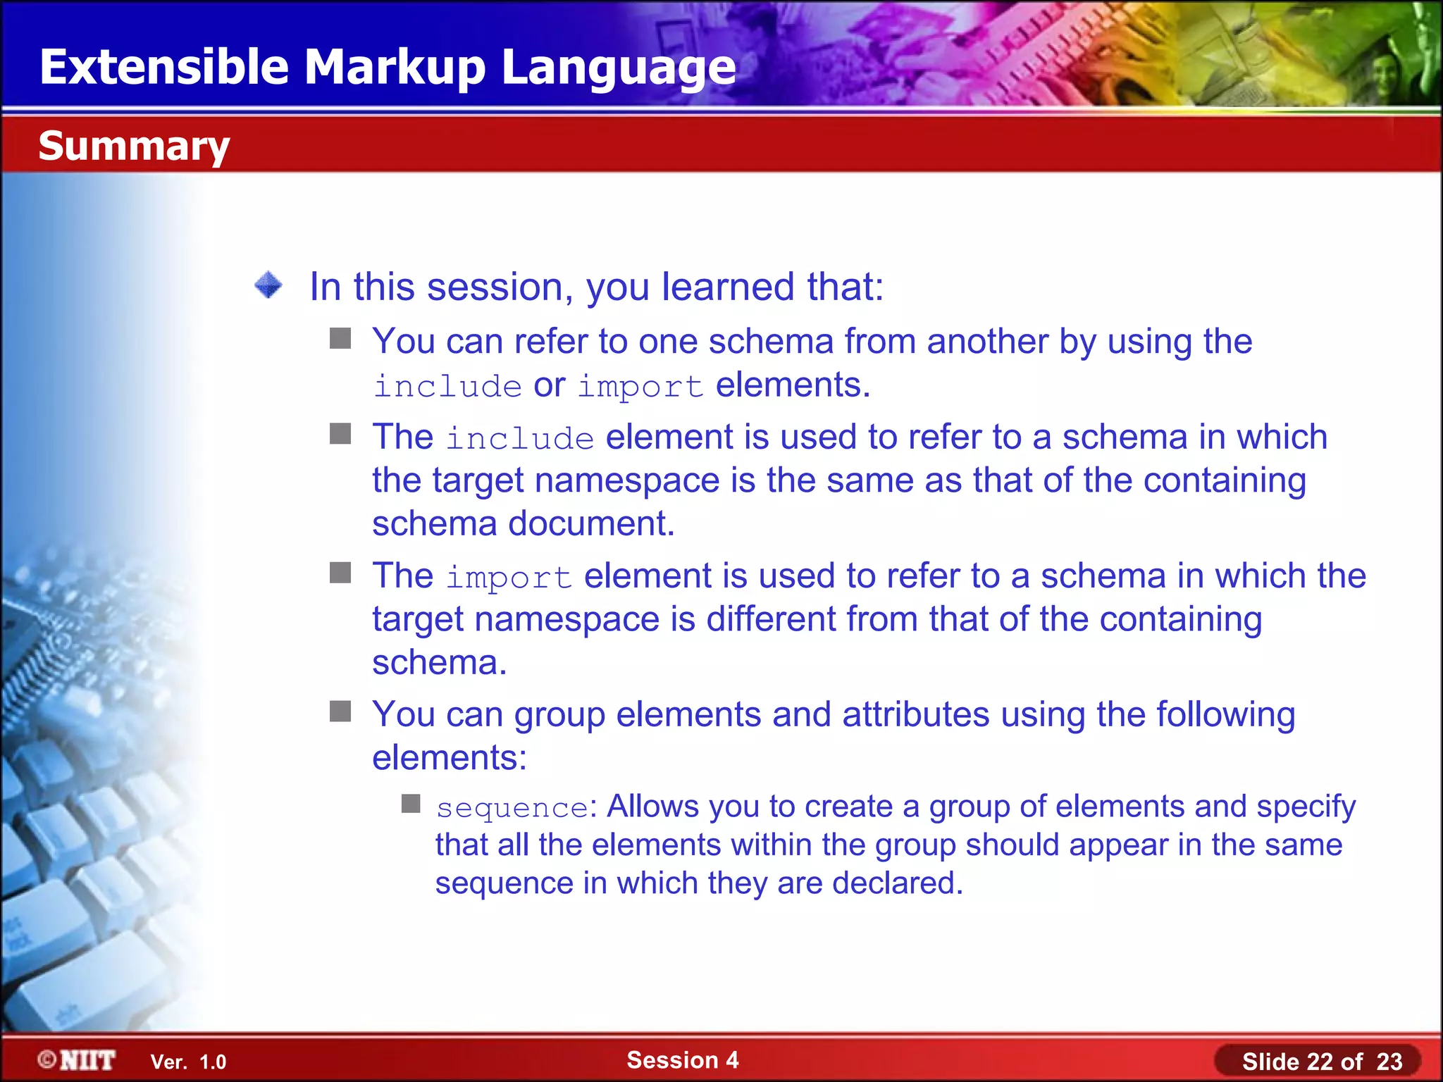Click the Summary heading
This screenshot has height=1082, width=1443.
coord(134,146)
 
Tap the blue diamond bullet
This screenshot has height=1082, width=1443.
coord(268,285)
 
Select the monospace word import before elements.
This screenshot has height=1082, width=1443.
coord(640,387)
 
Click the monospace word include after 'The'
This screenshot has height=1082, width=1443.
coord(520,439)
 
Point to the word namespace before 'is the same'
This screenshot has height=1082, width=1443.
coord(627,481)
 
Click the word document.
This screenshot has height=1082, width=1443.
coord(591,524)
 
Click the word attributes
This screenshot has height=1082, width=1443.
coord(916,715)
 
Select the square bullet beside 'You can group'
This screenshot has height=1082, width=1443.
coord(340,711)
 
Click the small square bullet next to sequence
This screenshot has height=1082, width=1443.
coord(411,803)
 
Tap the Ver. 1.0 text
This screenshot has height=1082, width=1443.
coord(188,1062)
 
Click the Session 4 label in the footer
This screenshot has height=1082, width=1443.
coord(682,1060)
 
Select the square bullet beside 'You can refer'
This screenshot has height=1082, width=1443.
coord(340,339)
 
